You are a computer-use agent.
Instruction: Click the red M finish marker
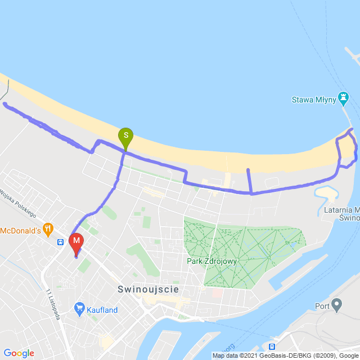pyautogui.click(x=76, y=242)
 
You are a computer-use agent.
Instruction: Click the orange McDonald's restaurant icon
pyautogui.click(x=49, y=229)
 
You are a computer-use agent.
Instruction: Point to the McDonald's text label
pyautogui.click(x=20, y=230)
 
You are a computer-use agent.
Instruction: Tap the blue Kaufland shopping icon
pyautogui.click(x=79, y=309)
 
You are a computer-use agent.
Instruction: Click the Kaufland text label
pyautogui.click(x=102, y=310)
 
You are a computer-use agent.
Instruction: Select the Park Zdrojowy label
pyautogui.click(x=211, y=261)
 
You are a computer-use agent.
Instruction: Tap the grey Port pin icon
pyautogui.click(x=337, y=305)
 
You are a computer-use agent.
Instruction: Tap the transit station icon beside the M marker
pyautogui.click(x=60, y=242)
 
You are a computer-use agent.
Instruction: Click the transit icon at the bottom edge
pyautogui.click(x=272, y=346)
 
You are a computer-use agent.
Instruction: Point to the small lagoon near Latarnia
pyautogui.click(x=325, y=193)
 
